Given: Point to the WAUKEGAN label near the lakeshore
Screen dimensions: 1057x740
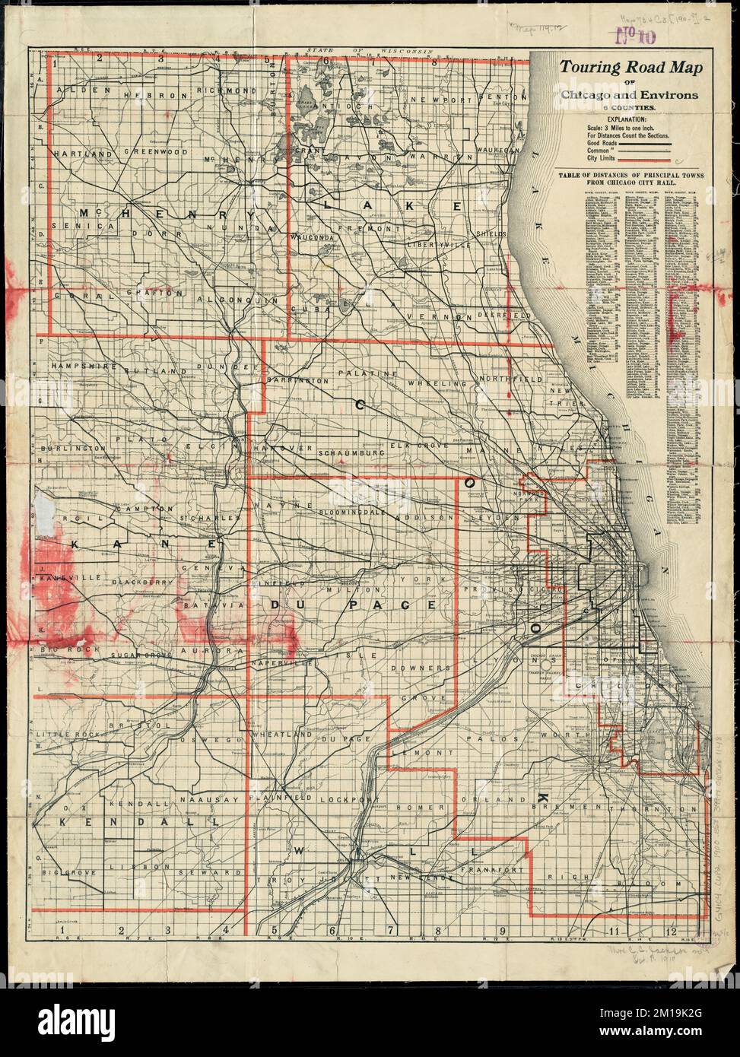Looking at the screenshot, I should pyautogui.click(x=499, y=151).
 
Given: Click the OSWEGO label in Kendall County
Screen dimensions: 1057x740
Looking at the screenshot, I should pyautogui.click(x=223, y=739).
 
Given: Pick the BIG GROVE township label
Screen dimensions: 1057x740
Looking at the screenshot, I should pyautogui.click(x=69, y=872).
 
